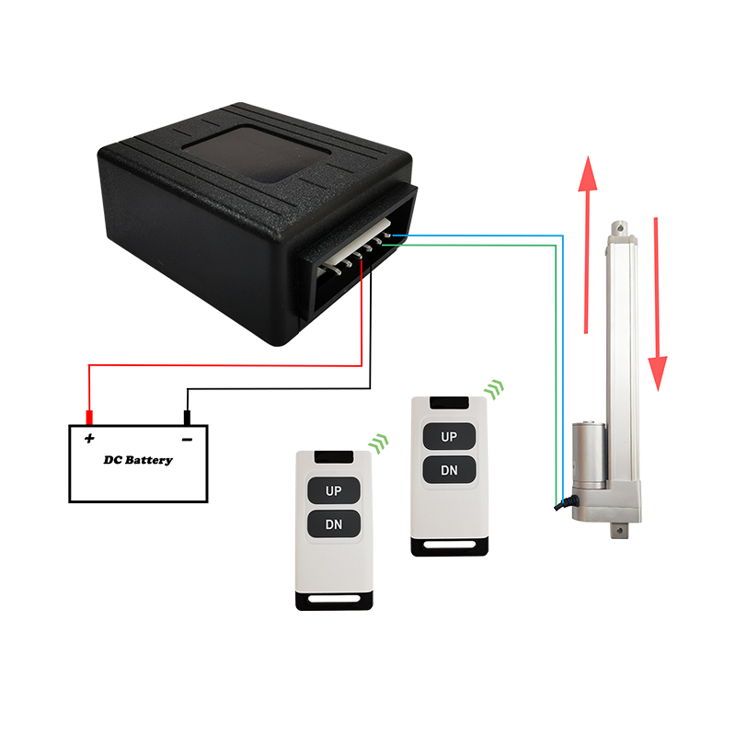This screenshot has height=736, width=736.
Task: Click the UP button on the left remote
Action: pyautogui.click(x=333, y=491)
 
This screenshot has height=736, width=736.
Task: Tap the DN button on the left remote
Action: pyautogui.click(x=333, y=526)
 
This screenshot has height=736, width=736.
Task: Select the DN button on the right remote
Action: pyautogui.click(x=449, y=470)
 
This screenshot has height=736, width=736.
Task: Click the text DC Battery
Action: pyautogui.click(x=137, y=459)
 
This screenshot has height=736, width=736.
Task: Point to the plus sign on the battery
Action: pyautogui.click(x=90, y=438)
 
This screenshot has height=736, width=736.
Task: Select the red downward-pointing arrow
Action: pyautogui.click(x=657, y=304)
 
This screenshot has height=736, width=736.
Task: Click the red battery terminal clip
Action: pyautogui.click(x=89, y=415)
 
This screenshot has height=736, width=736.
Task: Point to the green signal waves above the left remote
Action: pyautogui.click(x=378, y=444)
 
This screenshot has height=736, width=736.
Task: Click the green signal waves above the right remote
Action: pyautogui.click(x=496, y=388)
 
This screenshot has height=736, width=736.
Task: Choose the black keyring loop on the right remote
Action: pyautogui.click(x=449, y=546)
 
